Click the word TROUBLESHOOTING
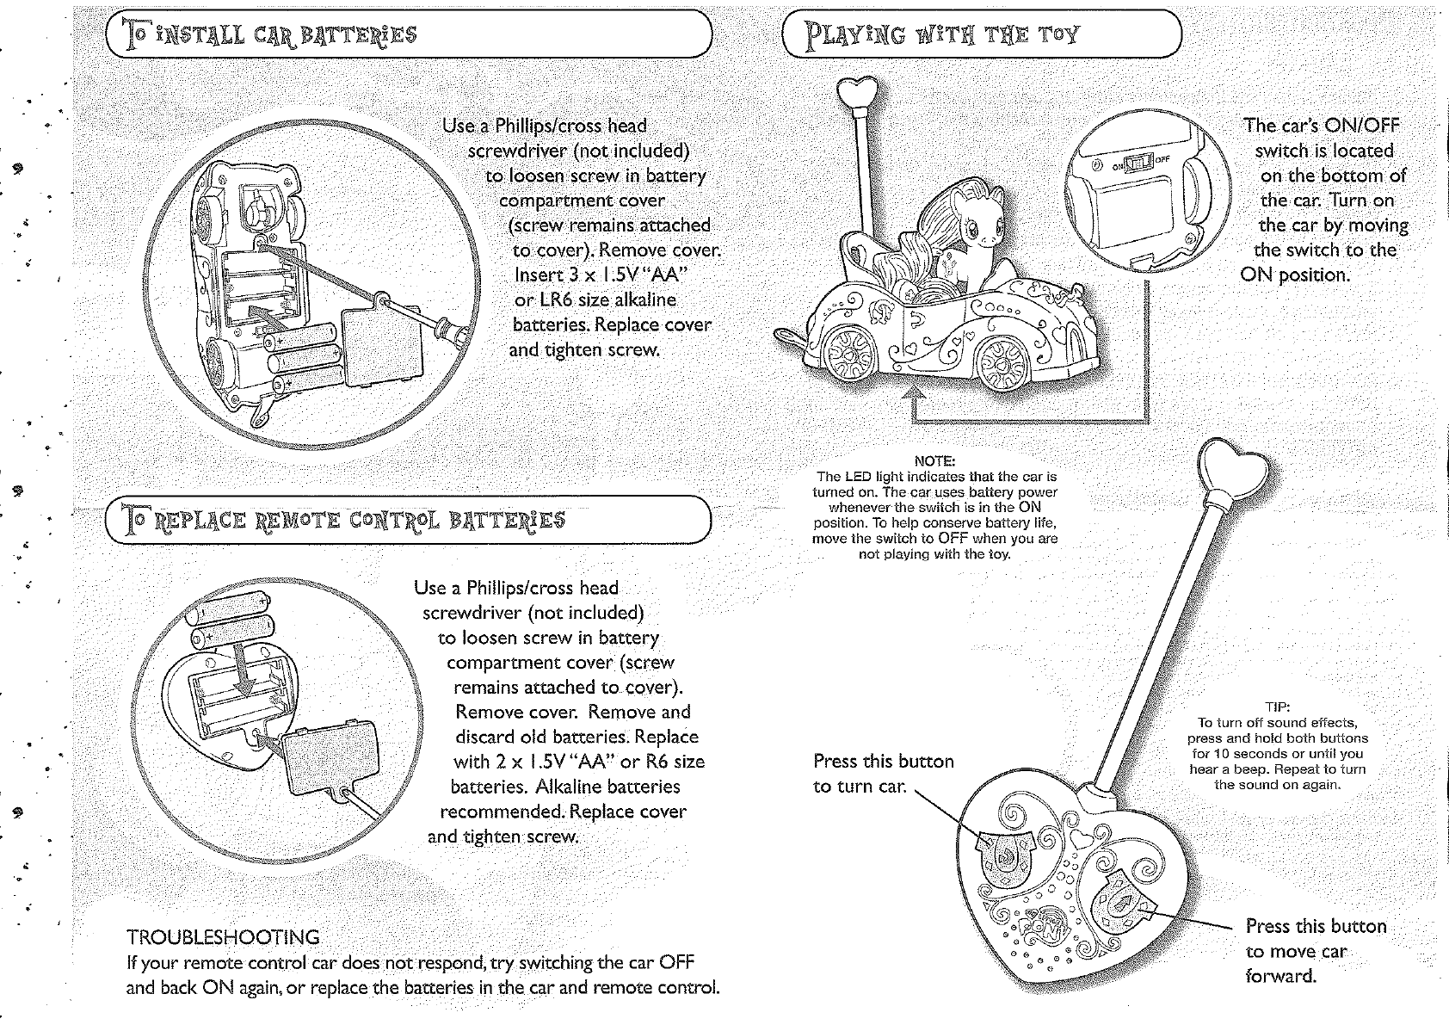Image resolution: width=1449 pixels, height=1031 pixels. [223, 936]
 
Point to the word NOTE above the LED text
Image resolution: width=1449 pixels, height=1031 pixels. [935, 460]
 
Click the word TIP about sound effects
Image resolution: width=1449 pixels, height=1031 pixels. [1277, 708]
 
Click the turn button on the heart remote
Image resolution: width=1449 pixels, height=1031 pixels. [1003, 849]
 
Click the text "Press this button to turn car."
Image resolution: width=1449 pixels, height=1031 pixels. [883, 774]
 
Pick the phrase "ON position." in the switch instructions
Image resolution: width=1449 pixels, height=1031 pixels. [1294, 275]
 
